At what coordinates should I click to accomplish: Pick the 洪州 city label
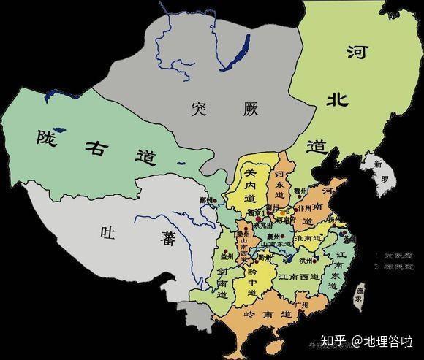[305, 260]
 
